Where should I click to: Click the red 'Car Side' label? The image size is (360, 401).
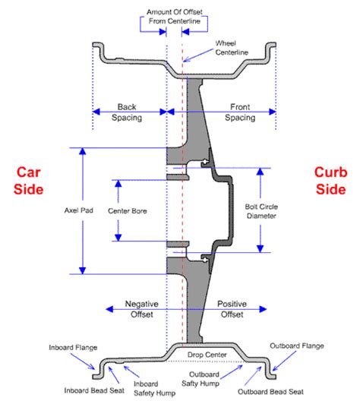[28, 181]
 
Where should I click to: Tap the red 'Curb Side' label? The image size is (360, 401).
[331, 181]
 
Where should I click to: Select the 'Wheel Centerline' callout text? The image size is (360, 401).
[232, 48]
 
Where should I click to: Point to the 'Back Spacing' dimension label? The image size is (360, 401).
[127, 112]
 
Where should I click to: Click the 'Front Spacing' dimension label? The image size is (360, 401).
[240, 112]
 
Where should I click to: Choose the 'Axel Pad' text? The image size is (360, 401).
[79, 210]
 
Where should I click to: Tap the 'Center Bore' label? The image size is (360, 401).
[128, 211]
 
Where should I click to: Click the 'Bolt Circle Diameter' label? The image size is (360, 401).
[261, 211]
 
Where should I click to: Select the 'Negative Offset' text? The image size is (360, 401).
[142, 309]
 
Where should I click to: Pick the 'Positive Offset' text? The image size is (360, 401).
[232, 309]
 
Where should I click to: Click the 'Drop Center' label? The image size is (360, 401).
[207, 355]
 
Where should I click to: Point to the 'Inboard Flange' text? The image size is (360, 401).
[73, 348]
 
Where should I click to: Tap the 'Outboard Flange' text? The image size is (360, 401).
[297, 346]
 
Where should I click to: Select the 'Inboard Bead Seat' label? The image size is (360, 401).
[94, 390]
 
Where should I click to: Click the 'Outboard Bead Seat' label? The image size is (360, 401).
[271, 392]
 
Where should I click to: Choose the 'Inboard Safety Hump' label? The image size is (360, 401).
[154, 389]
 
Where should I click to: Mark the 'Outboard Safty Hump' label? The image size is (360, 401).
[201, 379]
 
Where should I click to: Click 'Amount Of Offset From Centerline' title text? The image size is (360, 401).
[175, 17]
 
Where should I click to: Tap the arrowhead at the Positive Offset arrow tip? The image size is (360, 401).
[264, 309]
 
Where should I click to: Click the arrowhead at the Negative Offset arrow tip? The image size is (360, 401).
[109, 309]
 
